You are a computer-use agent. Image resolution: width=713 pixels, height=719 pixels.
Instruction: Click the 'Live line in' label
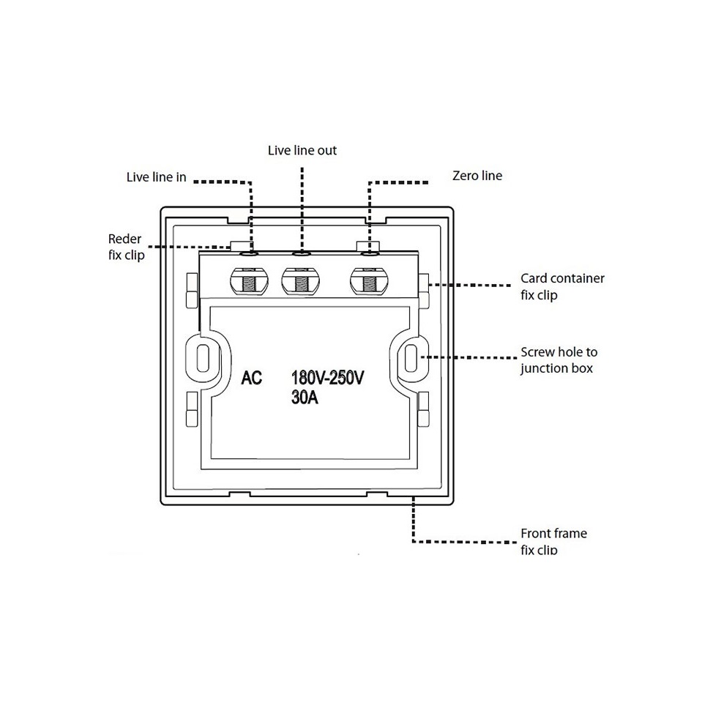157,177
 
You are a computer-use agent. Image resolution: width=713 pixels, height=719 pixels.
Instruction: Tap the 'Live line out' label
302,150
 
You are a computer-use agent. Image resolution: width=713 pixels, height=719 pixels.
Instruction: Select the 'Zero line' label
477,176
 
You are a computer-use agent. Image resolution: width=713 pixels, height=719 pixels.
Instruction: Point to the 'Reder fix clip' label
127,247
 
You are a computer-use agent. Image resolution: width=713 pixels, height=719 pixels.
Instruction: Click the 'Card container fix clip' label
562,286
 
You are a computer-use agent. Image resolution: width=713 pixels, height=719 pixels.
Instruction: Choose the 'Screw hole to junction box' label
559,360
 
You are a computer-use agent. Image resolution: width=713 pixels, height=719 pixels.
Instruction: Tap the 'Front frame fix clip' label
553,542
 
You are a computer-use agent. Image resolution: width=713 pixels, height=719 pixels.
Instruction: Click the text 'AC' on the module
252,378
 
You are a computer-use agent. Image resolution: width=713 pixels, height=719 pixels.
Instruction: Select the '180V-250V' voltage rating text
328,378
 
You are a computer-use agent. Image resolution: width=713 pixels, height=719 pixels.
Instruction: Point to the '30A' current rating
305,398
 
